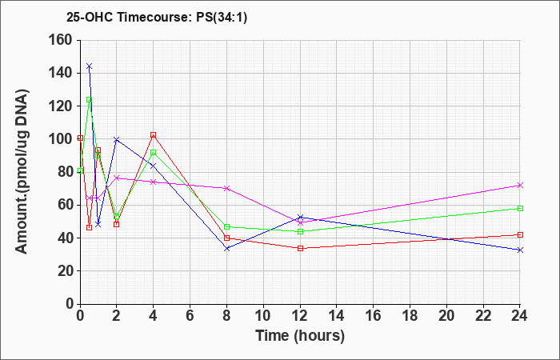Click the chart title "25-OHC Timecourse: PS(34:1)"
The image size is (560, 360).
click(x=157, y=17)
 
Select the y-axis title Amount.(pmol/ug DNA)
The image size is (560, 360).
click(x=22, y=172)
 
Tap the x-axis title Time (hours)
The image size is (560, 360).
click(x=300, y=336)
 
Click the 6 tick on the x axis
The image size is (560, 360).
click(x=190, y=315)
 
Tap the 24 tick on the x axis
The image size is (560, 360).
click(x=520, y=315)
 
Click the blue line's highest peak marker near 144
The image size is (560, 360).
click(x=90, y=66)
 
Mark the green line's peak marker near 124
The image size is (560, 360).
click(x=90, y=100)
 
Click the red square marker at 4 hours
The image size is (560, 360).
click(x=154, y=135)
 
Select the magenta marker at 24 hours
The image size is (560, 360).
click(x=520, y=185)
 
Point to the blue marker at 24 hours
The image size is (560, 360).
click(x=520, y=250)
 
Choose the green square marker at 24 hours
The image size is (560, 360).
click(x=520, y=208)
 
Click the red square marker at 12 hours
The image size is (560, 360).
click(x=300, y=248)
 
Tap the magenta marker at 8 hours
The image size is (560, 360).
click(x=226, y=188)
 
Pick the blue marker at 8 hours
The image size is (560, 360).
click(x=226, y=248)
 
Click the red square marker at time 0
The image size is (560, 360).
click(x=81, y=138)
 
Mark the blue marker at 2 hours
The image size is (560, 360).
click(x=117, y=139)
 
